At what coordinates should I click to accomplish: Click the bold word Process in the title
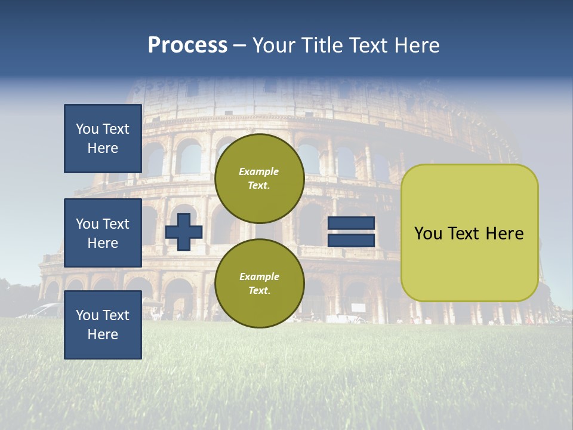tap(187, 45)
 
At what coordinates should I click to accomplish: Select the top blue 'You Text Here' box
tap(103, 139)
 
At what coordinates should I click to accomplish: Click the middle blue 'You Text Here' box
tap(103, 233)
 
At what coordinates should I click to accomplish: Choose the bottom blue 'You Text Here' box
tap(103, 325)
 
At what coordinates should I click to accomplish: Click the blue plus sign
tap(184, 232)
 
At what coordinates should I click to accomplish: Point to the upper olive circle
tap(259, 179)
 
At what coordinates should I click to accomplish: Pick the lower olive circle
tap(259, 284)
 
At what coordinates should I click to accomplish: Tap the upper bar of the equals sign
tap(351, 223)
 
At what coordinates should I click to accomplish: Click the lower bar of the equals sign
tap(351, 241)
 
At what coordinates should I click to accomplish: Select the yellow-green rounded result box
tap(469, 233)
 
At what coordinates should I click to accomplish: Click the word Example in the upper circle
tap(259, 171)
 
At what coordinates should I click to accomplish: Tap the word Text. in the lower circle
tap(259, 291)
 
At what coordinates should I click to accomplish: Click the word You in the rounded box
tap(427, 234)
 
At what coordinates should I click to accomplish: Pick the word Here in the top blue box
tap(103, 148)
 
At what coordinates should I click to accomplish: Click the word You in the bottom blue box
tap(87, 315)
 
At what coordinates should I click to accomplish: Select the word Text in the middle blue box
tap(115, 224)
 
